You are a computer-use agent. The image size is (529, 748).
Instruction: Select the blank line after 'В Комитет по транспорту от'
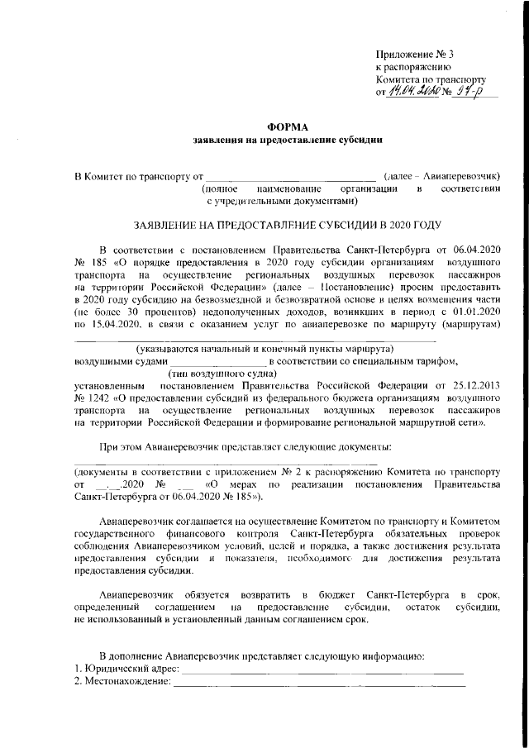click(290, 176)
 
